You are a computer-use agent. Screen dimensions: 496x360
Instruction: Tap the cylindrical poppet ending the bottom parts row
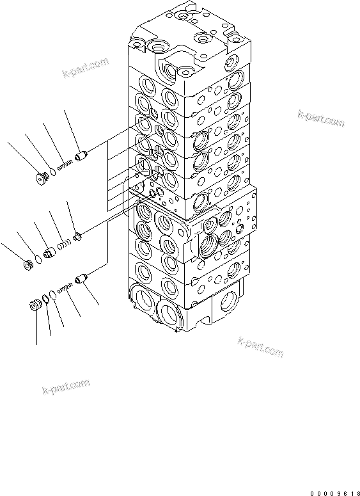(80, 279)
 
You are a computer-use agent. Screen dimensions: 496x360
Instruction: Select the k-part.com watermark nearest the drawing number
(259, 346)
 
